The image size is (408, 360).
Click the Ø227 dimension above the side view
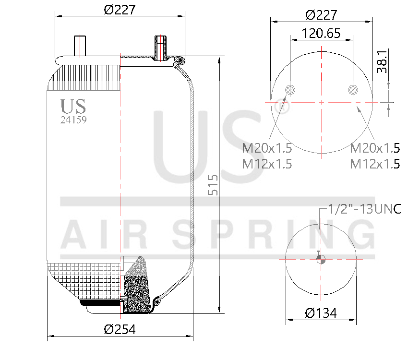pos(120,9)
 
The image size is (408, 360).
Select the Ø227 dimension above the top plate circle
pos(321,14)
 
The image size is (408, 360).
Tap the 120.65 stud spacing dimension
pos(321,33)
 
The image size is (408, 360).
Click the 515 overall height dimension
pos(213,185)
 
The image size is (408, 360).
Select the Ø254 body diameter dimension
pos(120,330)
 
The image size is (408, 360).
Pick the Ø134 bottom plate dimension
pos(321,313)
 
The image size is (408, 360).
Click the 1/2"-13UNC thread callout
pos(364,209)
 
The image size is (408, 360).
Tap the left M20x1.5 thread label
pos(267,147)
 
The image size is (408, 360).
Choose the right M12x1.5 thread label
pos(375,164)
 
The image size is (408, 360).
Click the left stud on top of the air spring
pos(79,46)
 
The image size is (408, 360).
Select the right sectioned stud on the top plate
pos(159,48)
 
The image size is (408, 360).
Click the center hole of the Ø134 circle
pos(321,259)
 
